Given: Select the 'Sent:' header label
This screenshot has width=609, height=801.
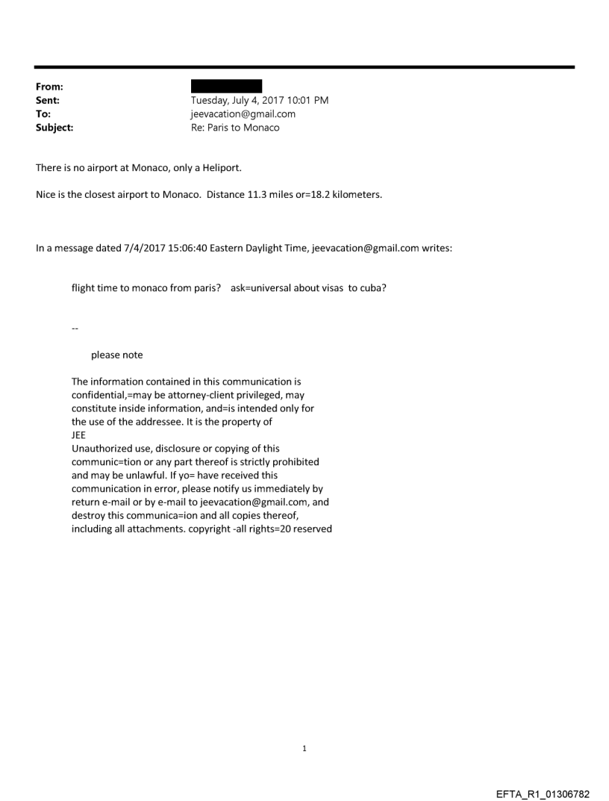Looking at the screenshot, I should [x=48, y=100].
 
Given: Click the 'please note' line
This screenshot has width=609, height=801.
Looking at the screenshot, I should [x=117, y=355].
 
